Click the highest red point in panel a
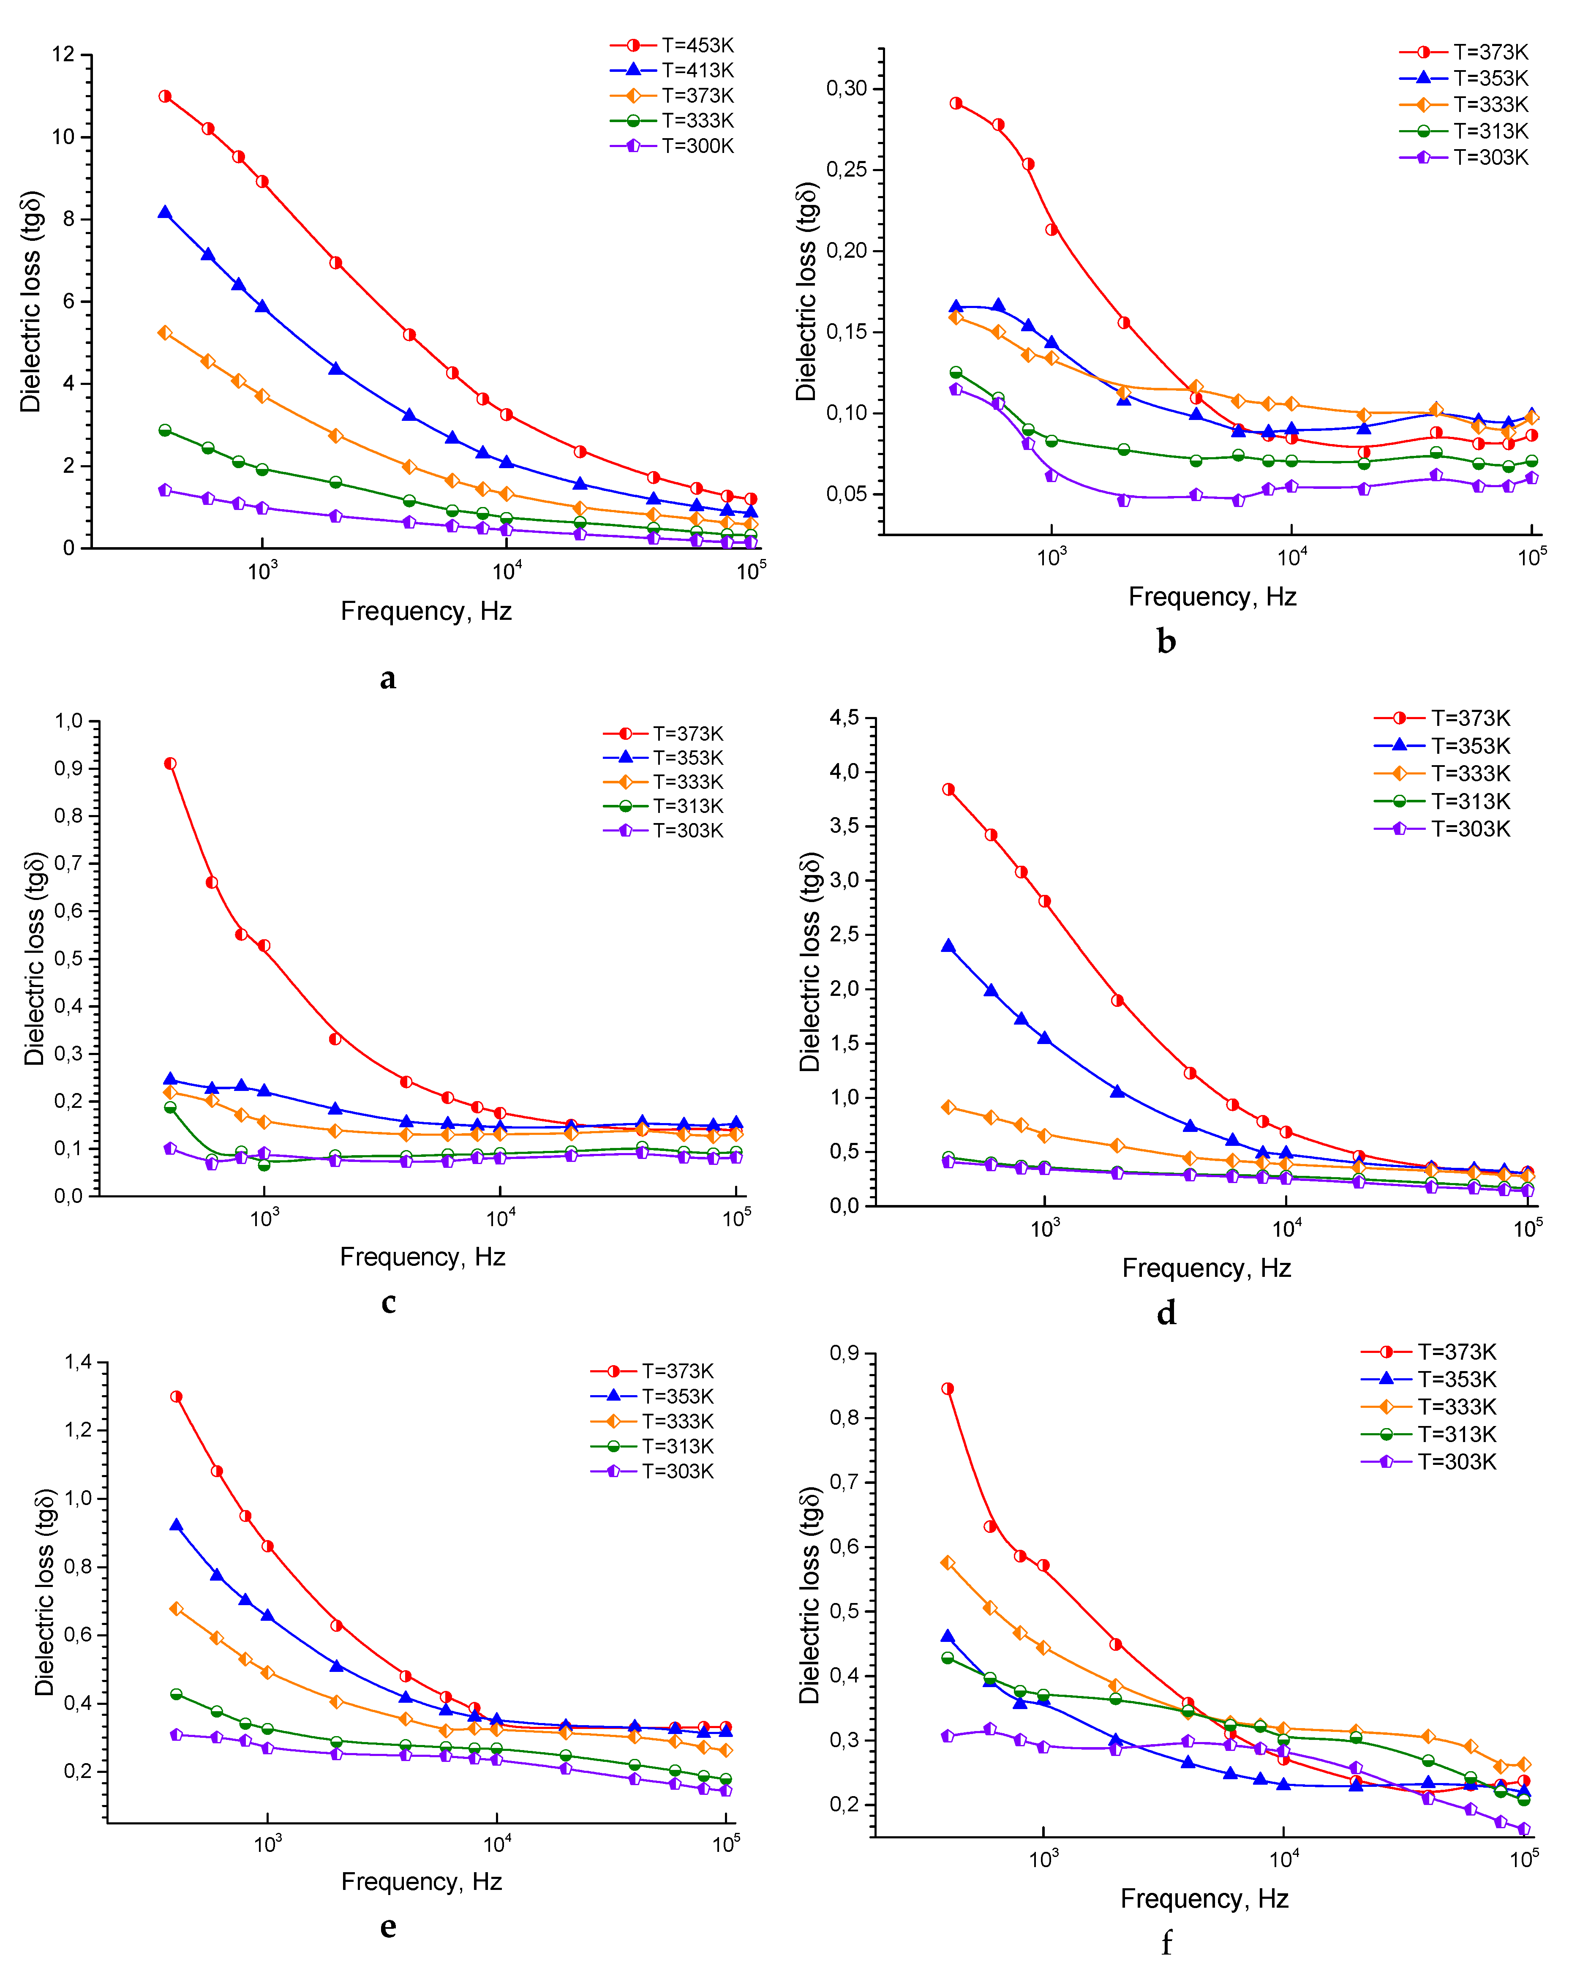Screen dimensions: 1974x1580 click(165, 96)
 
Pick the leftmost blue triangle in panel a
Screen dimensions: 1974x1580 click(165, 213)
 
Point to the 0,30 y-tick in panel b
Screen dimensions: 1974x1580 click(847, 89)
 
